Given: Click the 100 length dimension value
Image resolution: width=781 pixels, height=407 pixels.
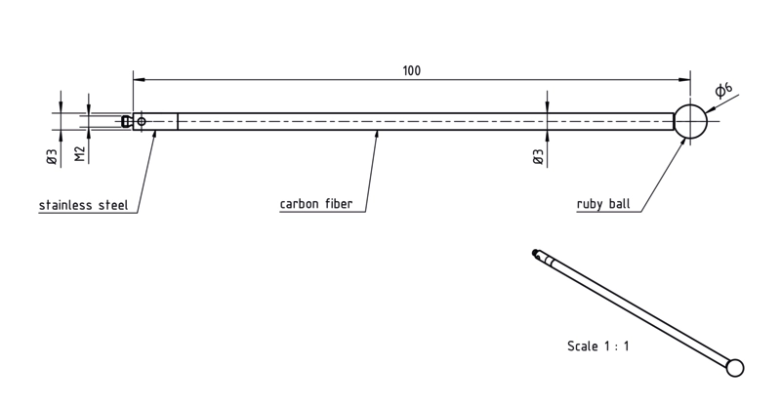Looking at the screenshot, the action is click(x=411, y=70).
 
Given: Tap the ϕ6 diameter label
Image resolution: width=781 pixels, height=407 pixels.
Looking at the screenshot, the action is click(x=723, y=90).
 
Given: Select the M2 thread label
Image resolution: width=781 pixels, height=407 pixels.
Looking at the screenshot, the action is click(x=80, y=154).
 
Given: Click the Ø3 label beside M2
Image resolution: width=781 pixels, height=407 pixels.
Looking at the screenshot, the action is click(x=53, y=156).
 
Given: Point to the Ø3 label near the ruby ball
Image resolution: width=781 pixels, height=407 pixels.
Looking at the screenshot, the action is click(x=538, y=157).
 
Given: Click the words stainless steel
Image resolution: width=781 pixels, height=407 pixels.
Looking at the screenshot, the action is click(x=83, y=205).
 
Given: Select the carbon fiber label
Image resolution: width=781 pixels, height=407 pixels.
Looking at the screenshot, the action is click(x=315, y=204).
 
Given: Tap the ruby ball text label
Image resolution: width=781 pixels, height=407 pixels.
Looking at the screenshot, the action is click(x=603, y=204).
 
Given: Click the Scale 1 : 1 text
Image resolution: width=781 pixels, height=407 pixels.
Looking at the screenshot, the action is click(x=597, y=346).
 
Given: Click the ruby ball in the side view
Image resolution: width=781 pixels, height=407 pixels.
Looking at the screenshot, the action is click(x=690, y=122).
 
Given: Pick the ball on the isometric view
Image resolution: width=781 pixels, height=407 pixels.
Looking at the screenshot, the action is click(x=735, y=368).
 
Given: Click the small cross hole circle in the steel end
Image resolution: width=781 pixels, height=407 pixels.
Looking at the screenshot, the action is click(x=142, y=122).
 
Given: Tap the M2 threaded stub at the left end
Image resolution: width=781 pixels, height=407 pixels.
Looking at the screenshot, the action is click(x=127, y=122).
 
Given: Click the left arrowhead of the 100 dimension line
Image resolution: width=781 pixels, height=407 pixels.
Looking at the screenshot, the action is click(x=139, y=79).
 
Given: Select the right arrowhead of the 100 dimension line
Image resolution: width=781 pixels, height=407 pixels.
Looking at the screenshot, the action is click(x=684, y=79).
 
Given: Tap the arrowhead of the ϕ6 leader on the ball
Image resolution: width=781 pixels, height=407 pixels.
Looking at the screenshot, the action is click(x=711, y=108).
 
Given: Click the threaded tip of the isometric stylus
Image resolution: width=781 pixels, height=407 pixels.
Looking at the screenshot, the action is click(x=536, y=253).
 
